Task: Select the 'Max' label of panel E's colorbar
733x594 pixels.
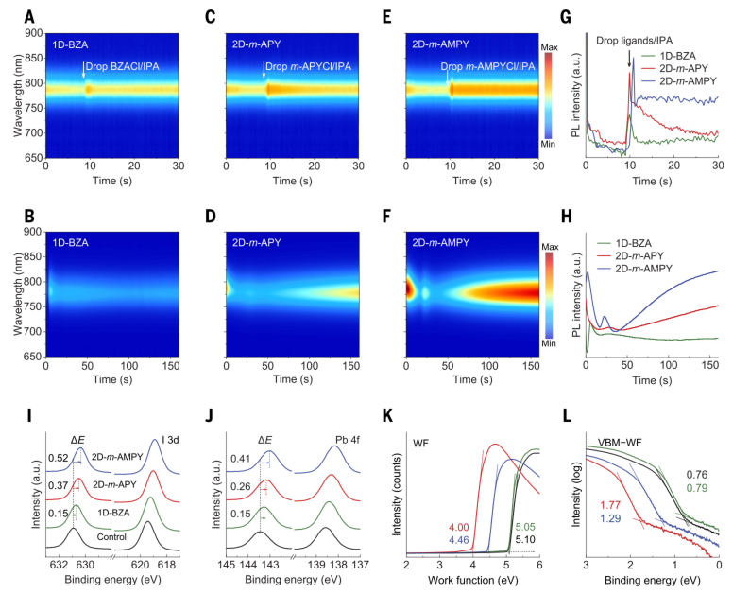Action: [552, 44]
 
